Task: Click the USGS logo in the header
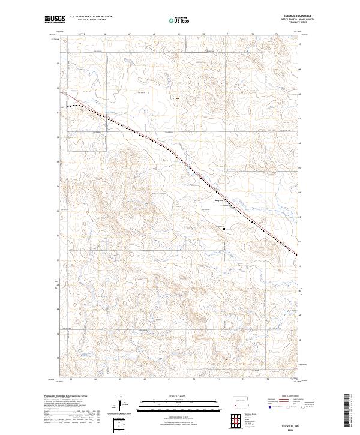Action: coord(55,19)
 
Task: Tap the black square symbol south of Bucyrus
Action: coord(224,229)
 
